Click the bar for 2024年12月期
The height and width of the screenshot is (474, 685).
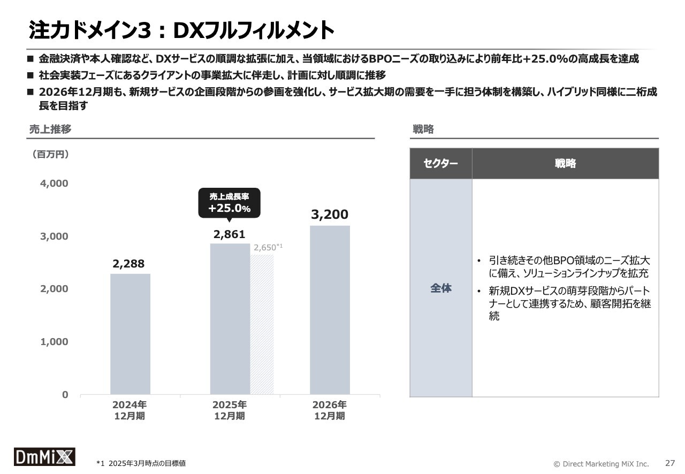(130, 334)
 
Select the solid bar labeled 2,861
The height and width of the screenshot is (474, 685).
(230, 319)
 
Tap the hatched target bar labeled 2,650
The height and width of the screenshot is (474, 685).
(262, 324)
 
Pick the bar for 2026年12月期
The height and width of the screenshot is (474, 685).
(330, 310)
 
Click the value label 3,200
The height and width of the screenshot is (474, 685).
(330, 215)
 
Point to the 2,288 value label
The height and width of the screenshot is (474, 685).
(128, 264)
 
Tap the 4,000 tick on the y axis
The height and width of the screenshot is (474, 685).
(54, 184)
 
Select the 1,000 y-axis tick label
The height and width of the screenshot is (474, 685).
(54, 342)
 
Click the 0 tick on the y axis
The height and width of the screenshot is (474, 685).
(65, 395)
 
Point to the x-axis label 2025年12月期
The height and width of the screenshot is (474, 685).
(230, 410)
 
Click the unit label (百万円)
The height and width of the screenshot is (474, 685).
(50, 155)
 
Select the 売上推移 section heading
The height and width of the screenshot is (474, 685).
(50, 129)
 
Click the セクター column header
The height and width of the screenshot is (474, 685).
(440, 163)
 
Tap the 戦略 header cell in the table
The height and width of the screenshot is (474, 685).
(565, 163)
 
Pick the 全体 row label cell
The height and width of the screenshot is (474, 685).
(441, 288)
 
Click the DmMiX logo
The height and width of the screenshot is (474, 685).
(44, 456)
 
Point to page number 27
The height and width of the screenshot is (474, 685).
(670, 463)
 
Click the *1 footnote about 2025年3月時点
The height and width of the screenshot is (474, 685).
(141, 463)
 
